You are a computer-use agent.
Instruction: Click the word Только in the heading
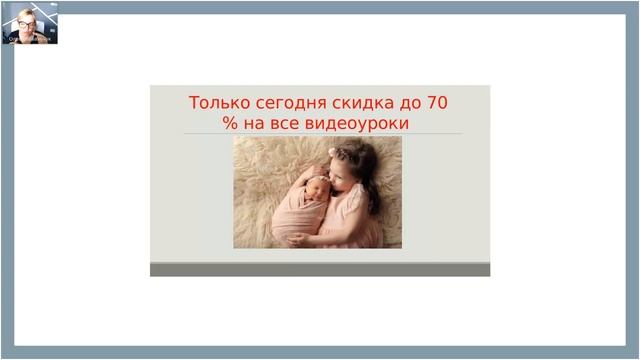click(215, 103)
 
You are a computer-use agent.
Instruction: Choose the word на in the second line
click(256, 123)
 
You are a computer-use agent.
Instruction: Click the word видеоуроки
click(361, 123)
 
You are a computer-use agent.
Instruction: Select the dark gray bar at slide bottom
click(320, 270)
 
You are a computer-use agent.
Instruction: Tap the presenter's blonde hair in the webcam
click(23, 13)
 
